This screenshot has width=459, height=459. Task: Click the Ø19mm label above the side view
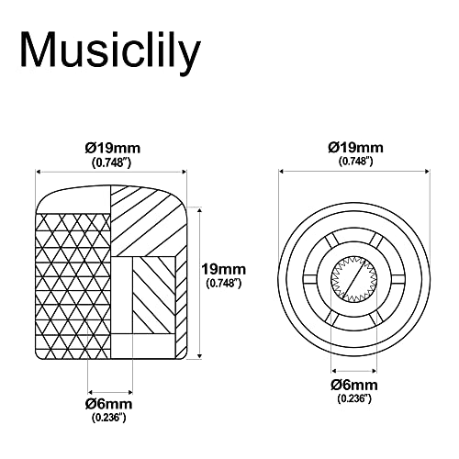(113, 148)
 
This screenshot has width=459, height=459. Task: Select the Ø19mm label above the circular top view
(355, 148)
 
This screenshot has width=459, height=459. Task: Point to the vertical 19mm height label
(224, 269)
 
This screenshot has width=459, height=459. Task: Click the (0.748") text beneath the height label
(224, 284)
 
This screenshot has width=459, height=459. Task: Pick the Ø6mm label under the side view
(108, 404)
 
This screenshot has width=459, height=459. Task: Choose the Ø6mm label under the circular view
(354, 385)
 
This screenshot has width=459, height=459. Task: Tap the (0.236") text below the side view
(108, 417)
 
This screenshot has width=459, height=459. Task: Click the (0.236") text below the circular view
(354, 398)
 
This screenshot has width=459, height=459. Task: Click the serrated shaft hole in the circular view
(354, 279)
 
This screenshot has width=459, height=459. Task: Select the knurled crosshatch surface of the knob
(73, 285)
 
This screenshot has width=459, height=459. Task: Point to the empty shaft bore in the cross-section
(121, 296)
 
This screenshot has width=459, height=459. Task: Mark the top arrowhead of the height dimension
(199, 209)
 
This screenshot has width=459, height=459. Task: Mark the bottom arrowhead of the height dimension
(199, 356)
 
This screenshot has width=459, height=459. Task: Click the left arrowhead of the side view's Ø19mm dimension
(39, 172)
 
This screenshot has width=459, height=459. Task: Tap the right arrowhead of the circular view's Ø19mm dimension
(427, 172)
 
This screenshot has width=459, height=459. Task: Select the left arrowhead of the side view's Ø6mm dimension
(90, 392)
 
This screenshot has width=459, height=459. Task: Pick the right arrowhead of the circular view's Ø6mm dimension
(375, 371)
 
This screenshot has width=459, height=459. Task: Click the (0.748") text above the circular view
(355, 161)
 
